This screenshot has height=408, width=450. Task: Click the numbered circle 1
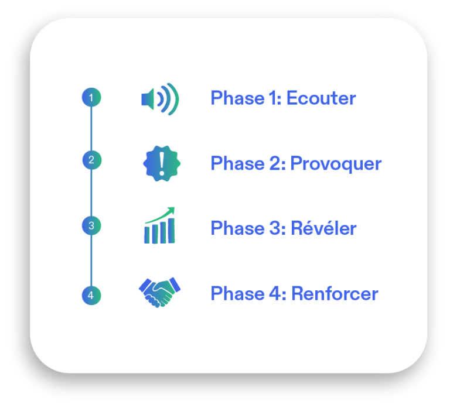coord(91,97)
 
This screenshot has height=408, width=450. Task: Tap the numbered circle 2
coord(91,160)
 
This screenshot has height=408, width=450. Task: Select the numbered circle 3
coord(91,225)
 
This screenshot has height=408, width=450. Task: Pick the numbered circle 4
coord(91,295)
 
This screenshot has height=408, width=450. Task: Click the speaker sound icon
coord(159,99)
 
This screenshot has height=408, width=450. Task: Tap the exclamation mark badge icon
coord(162,163)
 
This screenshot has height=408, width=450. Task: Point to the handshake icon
coord(160,293)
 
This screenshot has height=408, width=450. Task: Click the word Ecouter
coord(321,98)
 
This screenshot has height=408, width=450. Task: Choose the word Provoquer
coord(336,164)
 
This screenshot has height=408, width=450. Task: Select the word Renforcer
coord(335,293)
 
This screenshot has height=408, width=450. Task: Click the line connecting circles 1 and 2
coord(91,129)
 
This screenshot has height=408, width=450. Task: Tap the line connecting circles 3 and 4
coord(91,260)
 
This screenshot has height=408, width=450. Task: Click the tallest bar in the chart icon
coord(171,232)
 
